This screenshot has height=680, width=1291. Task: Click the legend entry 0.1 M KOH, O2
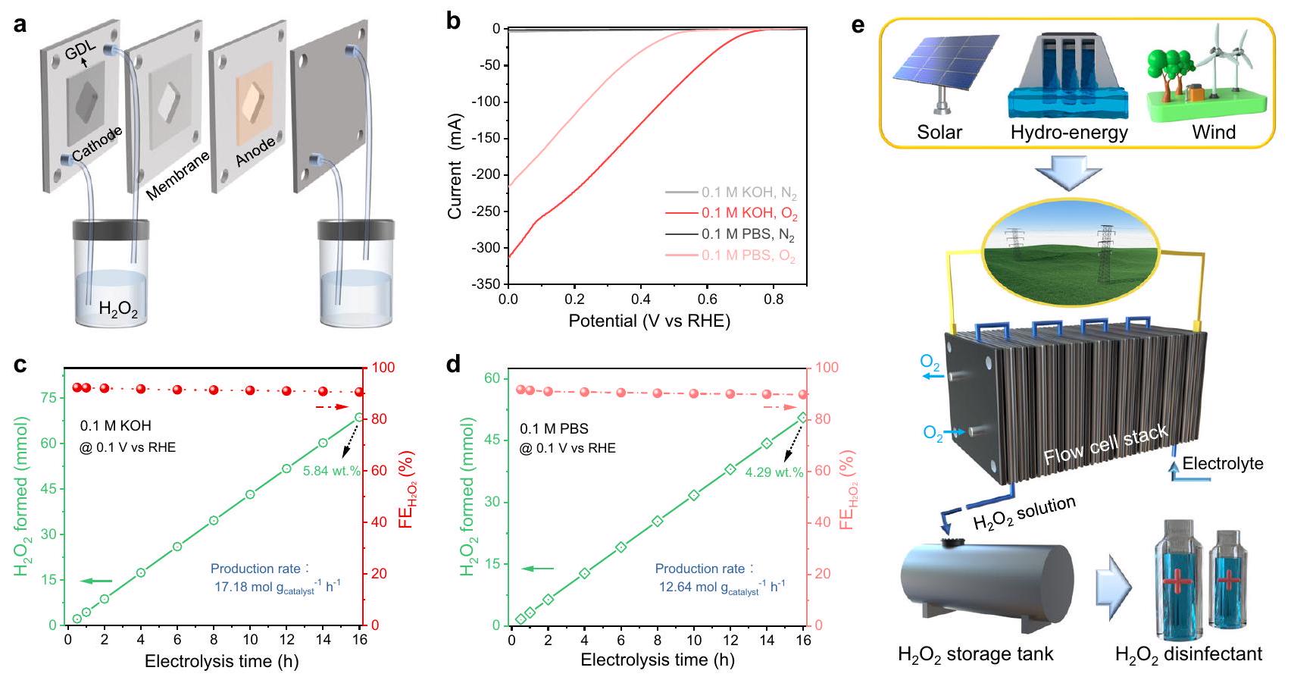click(749, 215)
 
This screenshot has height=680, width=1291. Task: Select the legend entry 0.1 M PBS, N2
click(748, 235)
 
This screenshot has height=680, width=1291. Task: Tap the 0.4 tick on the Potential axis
click(641, 300)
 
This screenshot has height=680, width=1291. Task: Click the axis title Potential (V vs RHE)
click(649, 321)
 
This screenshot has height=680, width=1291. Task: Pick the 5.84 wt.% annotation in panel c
click(331, 471)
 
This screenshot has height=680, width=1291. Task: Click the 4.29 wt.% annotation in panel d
click(774, 472)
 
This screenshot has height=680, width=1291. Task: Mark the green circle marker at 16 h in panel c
click(359, 417)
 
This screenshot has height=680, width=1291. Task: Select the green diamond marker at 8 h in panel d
click(657, 522)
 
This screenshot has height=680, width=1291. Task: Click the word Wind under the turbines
click(1214, 132)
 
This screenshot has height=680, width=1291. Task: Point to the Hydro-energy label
click(1069, 132)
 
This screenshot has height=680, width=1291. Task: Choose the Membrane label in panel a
click(177, 175)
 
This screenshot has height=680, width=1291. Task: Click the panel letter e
click(858, 24)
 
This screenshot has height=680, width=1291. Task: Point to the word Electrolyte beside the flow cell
click(1222, 463)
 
